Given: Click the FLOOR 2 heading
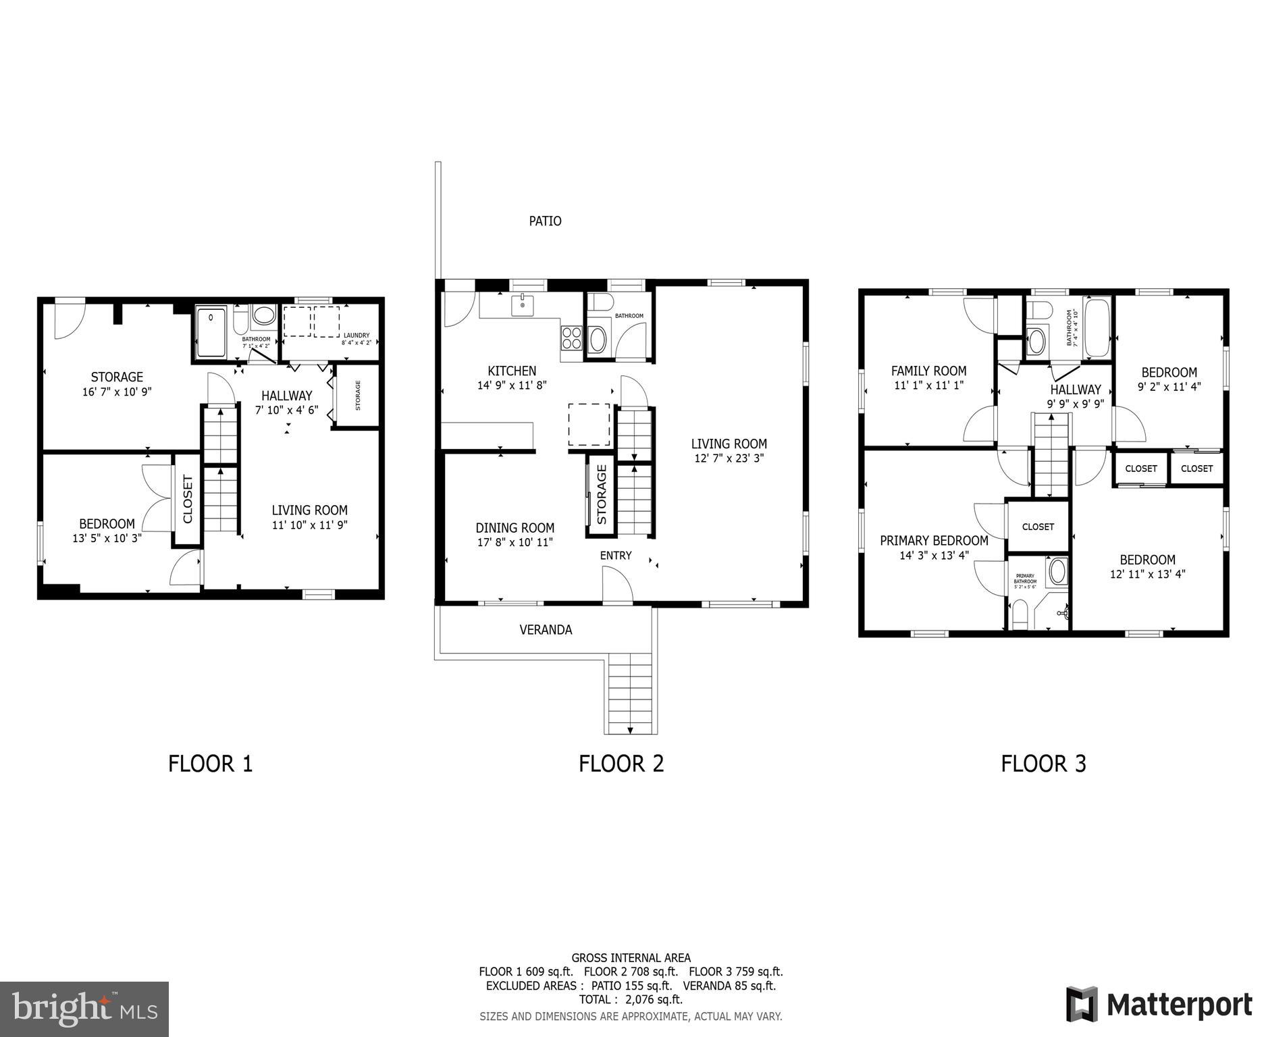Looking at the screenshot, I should [x=621, y=764].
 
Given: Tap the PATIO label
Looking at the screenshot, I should [x=545, y=221].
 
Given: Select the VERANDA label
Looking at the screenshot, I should [x=546, y=630].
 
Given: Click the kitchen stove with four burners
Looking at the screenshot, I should [x=571, y=338].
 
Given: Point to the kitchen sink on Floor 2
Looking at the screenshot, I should [x=523, y=305].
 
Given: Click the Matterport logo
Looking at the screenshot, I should [x=1159, y=1005].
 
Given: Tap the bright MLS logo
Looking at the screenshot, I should [x=84, y=1009].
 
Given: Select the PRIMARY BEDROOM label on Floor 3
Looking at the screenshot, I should [x=934, y=541].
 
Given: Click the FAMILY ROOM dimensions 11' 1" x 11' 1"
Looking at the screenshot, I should [x=928, y=385].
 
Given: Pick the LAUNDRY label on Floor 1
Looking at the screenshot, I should [x=357, y=336].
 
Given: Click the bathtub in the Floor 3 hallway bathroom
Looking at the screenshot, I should [x=1097, y=327].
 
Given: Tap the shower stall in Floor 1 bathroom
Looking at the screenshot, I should [x=212, y=332].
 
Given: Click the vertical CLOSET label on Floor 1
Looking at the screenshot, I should [x=188, y=499].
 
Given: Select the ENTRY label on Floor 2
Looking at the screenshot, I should [x=616, y=556].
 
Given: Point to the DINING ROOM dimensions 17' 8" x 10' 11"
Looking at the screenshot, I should [x=515, y=542].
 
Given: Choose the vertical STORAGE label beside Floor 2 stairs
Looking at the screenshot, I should [x=602, y=496].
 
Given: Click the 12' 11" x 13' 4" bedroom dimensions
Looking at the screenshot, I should [x=1147, y=575].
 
